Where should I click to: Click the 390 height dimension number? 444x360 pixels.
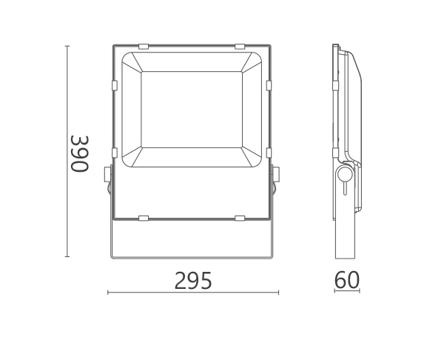(80, 154)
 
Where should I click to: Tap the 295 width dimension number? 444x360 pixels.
(193, 281)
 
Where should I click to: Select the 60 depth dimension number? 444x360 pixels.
(347, 280)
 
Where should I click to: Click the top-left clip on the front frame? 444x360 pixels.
(144, 46)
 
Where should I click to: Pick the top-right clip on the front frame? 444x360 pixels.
(240, 46)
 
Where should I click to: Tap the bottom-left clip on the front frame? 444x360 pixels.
(144, 219)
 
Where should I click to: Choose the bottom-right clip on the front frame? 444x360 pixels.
(240, 219)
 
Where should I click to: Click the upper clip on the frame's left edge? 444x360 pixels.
(115, 85)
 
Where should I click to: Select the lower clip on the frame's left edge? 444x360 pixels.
(115, 153)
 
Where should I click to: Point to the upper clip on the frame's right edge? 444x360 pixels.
(269, 85)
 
